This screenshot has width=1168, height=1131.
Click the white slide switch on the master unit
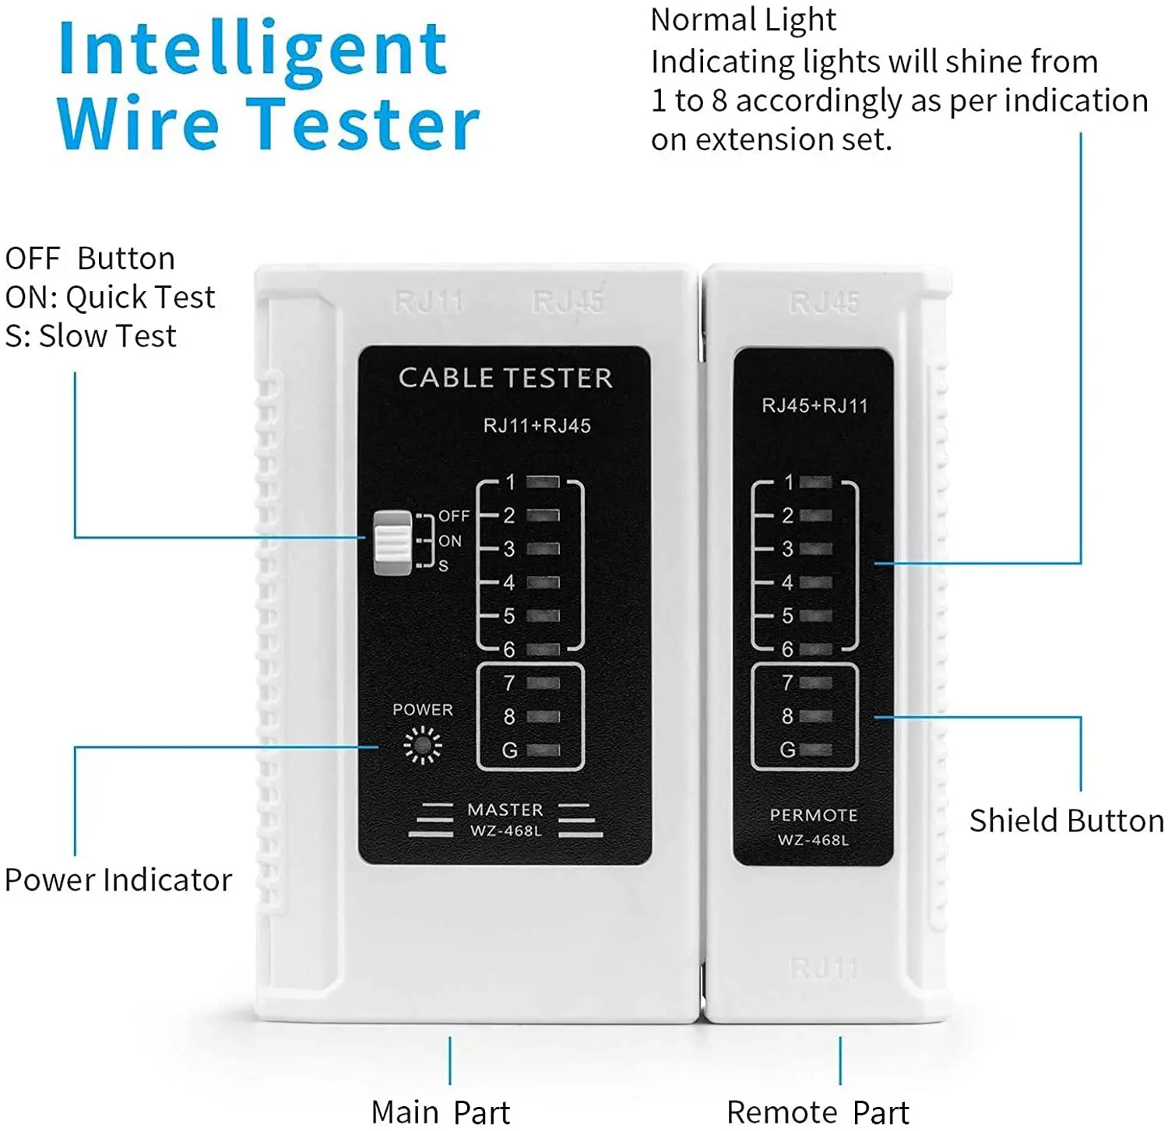(x=392, y=543)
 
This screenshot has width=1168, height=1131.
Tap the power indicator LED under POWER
(x=423, y=745)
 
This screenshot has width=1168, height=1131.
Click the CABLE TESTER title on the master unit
(x=505, y=378)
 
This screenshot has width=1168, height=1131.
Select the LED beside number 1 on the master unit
(x=543, y=482)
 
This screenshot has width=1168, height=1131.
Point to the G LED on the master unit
(x=543, y=750)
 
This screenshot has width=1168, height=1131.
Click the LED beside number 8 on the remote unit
(x=815, y=716)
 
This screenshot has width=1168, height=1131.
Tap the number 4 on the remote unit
(x=787, y=582)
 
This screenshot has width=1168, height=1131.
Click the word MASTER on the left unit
(x=505, y=810)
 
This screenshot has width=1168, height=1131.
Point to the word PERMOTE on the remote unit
(x=814, y=815)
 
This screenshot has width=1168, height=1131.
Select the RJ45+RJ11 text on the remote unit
(x=814, y=406)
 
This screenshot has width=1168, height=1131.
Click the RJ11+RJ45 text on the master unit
(x=537, y=426)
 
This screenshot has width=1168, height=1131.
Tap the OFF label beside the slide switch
(x=454, y=516)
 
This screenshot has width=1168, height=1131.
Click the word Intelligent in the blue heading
(x=253, y=50)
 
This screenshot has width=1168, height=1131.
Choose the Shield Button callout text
(x=1066, y=821)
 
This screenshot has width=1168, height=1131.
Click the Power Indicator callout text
(x=118, y=880)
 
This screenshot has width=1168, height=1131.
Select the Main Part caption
(x=441, y=1112)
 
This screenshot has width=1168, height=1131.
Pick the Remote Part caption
(x=818, y=1112)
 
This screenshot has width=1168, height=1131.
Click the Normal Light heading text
(x=743, y=20)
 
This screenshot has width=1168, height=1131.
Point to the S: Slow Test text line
(x=91, y=336)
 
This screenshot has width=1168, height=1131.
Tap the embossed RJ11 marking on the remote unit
(x=824, y=968)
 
